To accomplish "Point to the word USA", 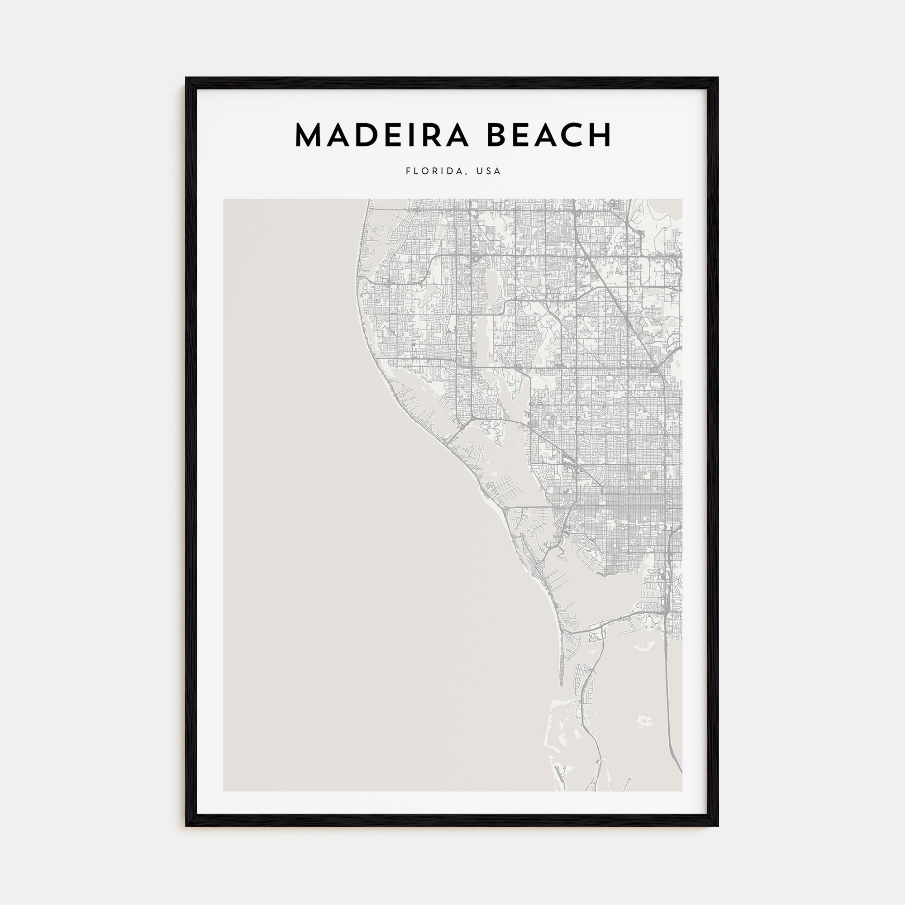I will pyautogui.click(x=489, y=171).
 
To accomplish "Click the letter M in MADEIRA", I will pyautogui.click(x=310, y=135).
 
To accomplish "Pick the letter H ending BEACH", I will pyautogui.click(x=600, y=135).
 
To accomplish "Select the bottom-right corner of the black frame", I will pyautogui.click(x=718, y=825).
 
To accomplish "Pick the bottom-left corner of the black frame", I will pyautogui.click(x=186, y=825).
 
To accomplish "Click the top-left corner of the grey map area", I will pyautogui.click(x=224, y=200).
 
